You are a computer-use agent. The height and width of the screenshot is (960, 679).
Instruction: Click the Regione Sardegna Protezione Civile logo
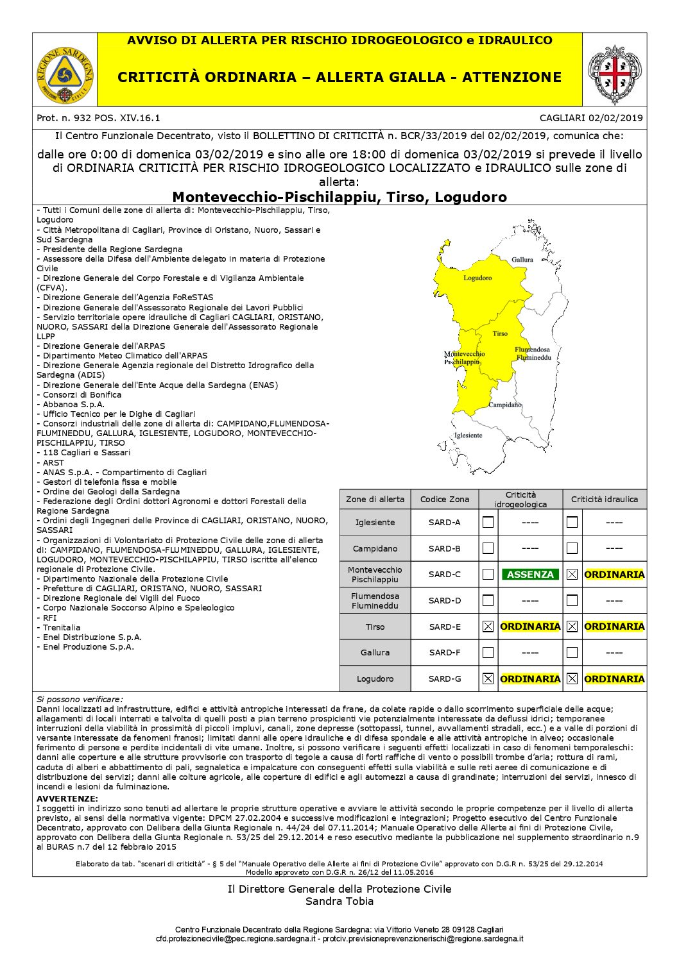pyautogui.click(x=65, y=74)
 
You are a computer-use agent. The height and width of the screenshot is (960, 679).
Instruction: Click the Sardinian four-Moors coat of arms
pyautogui.click(x=614, y=74)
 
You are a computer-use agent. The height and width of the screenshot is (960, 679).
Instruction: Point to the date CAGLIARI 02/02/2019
pyautogui.click(x=591, y=118)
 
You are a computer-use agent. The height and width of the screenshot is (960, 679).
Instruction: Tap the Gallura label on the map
pyautogui.click(x=522, y=260)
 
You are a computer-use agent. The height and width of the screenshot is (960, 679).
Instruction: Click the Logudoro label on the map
pyautogui.click(x=477, y=278)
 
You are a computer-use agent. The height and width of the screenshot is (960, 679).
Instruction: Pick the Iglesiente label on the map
pyautogui.click(x=468, y=435)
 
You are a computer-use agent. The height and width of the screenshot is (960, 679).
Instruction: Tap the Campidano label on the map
pyautogui.click(x=505, y=405)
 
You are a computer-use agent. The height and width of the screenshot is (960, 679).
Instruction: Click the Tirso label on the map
pyautogui.click(x=500, y=333)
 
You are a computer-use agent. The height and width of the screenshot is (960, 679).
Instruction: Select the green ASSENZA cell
pyautogui.click(x=530, y=575)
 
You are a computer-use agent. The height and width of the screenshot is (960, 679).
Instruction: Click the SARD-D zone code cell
pyautogui.click(x=445, y=601)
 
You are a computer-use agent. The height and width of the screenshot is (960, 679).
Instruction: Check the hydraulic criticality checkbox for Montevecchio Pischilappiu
pyautogui.click(x=572, y=575)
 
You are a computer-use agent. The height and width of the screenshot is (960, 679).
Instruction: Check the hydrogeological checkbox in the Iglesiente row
pyautogui.click(x=488, y=522)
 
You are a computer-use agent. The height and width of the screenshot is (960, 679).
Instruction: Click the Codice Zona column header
pyautogui.click(x=445, y=499)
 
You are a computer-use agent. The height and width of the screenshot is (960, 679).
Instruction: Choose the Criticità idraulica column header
pyautogui.click(x=605, y=499)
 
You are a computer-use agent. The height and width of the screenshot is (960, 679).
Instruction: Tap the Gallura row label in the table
pyautogui.click(x=375, y=653)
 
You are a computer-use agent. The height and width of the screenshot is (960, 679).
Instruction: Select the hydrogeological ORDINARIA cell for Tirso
pyautogui.click(x=530, y=627)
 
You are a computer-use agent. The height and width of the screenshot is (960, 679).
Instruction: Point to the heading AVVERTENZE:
pyautogui.click(x=67, y=798)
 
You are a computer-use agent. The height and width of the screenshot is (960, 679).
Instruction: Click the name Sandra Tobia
pyautogui.click(x=339, y=901)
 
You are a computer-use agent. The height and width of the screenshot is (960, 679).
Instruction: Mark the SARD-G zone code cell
pyautogui.click(x=445, y=678)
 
